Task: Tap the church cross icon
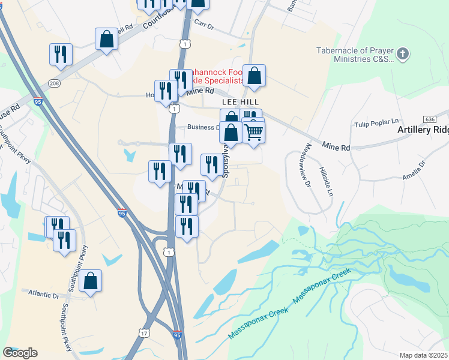pos(403,53)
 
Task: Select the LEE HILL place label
pos(240,103)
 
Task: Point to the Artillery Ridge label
pos(423,130)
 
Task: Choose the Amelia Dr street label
pos(413,167)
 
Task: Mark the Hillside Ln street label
pos(326,182)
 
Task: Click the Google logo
pos(20,353)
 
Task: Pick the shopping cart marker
pos(254,132)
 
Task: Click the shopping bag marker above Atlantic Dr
pos(90,281)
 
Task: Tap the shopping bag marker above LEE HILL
pos(254,76)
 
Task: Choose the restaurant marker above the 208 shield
pos(61,55)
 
